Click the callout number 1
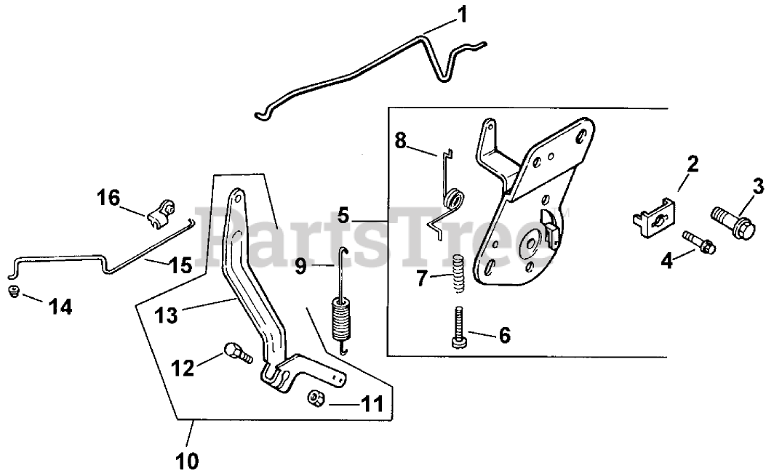click(x=462, y=15)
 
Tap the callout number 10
click(x=187, y=460)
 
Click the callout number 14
click(x=60, y=307)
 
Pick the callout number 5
click(x=344, y=216)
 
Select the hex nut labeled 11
click(x=316, y=398)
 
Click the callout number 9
click(x=301, y=268)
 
